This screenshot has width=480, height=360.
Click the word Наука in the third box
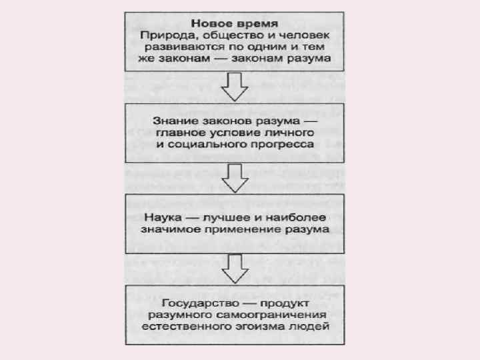tap(161, 216)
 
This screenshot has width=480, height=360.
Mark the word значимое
tap(165, 228)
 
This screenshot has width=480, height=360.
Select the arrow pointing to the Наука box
tap(234, 177)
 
